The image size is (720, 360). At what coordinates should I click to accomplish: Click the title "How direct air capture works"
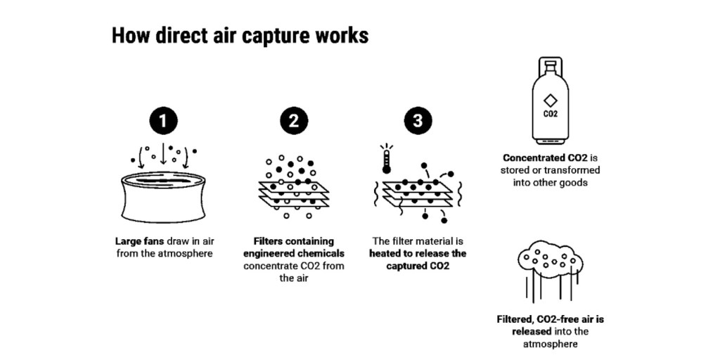pyautogui.click(x=240, y=36)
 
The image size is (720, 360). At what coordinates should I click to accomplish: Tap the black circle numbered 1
pyautogui.click(x=163, y=121)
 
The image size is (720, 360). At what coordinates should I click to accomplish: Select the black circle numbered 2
pyautogui.click(x=294, y=121)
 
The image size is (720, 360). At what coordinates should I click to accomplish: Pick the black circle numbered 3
pyautogui.click(x=418, y=121)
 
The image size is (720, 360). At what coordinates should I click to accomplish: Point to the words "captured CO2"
pyautogui.click(x=418, y=266)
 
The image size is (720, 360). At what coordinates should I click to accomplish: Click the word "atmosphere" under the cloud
pyautogui.click(x=550, y=345)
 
